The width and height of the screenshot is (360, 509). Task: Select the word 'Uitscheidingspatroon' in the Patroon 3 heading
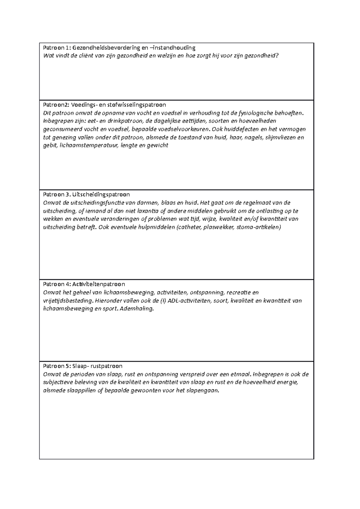tap(101, 195)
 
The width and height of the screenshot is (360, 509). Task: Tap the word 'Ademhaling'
tap(136, 309)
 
